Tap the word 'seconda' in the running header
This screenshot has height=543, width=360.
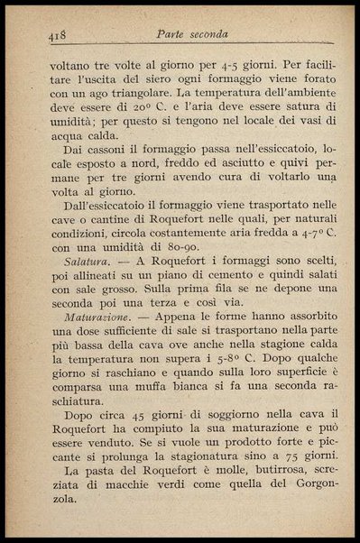tap(208, 35)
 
